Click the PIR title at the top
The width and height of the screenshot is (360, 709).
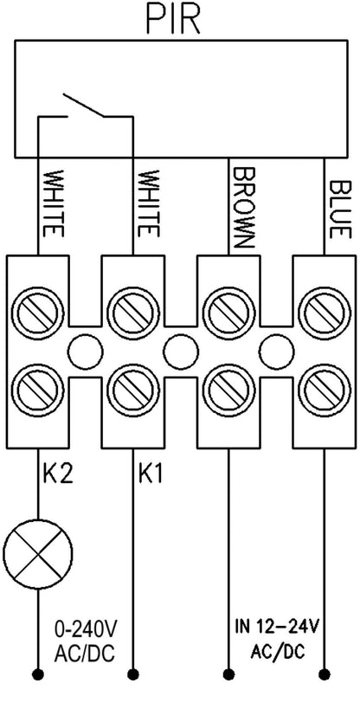tap(173, 21)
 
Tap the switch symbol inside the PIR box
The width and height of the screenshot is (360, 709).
tap(84, 106)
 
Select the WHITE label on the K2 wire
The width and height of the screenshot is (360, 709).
tap(53, 204)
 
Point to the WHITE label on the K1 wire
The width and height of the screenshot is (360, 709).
tap(148, 204)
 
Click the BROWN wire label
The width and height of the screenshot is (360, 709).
tap(244, 207)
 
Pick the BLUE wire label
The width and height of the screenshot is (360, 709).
tap(339, 209)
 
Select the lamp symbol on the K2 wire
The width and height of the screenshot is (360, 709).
tap(38, 553)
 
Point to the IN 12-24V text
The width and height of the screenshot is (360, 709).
tap(277, 627)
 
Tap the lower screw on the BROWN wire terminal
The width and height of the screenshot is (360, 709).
tap(228, 389)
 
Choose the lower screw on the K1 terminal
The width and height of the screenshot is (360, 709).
tap(133, 389)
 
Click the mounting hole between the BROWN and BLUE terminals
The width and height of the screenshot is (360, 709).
tap(276, 351)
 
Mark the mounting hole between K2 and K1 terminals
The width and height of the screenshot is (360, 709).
tap(86, 351)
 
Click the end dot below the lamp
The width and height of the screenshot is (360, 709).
tap(38, 674)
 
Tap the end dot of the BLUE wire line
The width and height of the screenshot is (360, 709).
tap(325, 674)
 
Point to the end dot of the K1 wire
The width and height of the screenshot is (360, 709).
tap(133, 674)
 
